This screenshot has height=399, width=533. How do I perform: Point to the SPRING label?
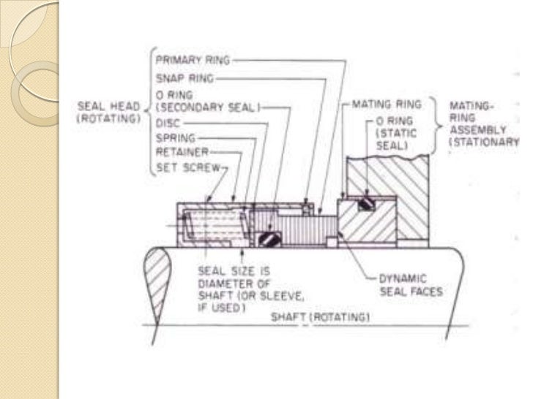[x=174, y=137]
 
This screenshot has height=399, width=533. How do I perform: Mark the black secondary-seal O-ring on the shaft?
[x=268, y=237]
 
